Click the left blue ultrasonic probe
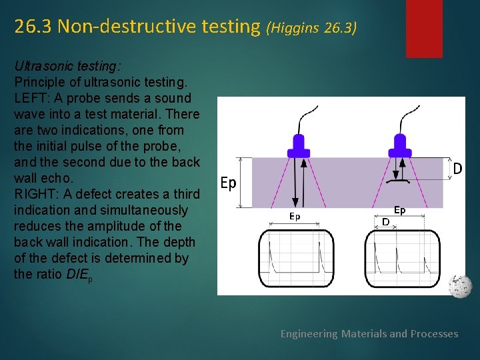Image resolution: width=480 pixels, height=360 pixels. point(298,144)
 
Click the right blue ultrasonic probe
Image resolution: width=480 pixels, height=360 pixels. point(400,143)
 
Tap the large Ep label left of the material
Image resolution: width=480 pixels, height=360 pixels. point(228,183)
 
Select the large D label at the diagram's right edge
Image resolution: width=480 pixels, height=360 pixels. point(457,169)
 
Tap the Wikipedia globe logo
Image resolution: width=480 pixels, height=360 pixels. point(459,286)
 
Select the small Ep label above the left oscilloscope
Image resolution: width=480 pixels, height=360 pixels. point(294,216)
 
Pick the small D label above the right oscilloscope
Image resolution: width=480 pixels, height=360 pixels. point(386,221)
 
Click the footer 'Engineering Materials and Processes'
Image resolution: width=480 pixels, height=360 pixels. point(369,333)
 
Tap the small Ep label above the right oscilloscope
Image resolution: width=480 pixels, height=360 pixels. point(399,210)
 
